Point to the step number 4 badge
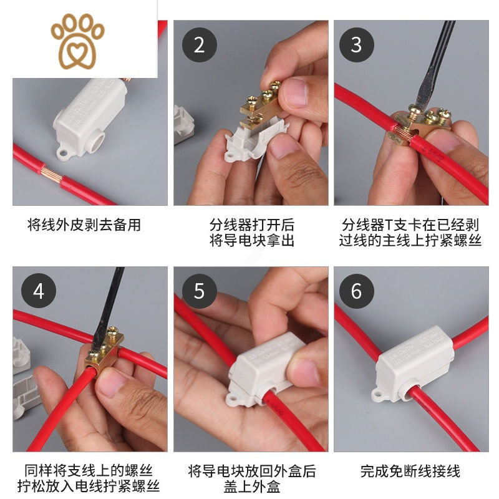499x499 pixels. coord(39,291)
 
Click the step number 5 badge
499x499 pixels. coord(199,291)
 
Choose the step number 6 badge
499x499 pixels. coord(356,291)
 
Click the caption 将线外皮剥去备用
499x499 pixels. coord(84,225)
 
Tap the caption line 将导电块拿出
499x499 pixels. coord(251,240)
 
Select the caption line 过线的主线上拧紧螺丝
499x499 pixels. coord(410,240)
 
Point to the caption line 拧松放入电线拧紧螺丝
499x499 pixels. coord(88,486)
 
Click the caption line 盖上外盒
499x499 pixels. coord(251,486)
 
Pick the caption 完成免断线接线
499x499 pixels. coord(410,471)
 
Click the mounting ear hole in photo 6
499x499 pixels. coord(378,394)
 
